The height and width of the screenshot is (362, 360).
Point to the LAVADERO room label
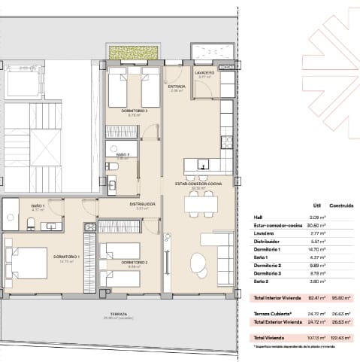(206, 73)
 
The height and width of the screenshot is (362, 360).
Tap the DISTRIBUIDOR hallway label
(142, 203)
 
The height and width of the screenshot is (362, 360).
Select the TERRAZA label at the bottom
(116, 314)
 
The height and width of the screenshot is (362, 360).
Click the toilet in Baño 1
(30, 221)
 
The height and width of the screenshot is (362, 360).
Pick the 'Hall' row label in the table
(258, 217)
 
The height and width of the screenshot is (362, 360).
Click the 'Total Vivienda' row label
(270, 338)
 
